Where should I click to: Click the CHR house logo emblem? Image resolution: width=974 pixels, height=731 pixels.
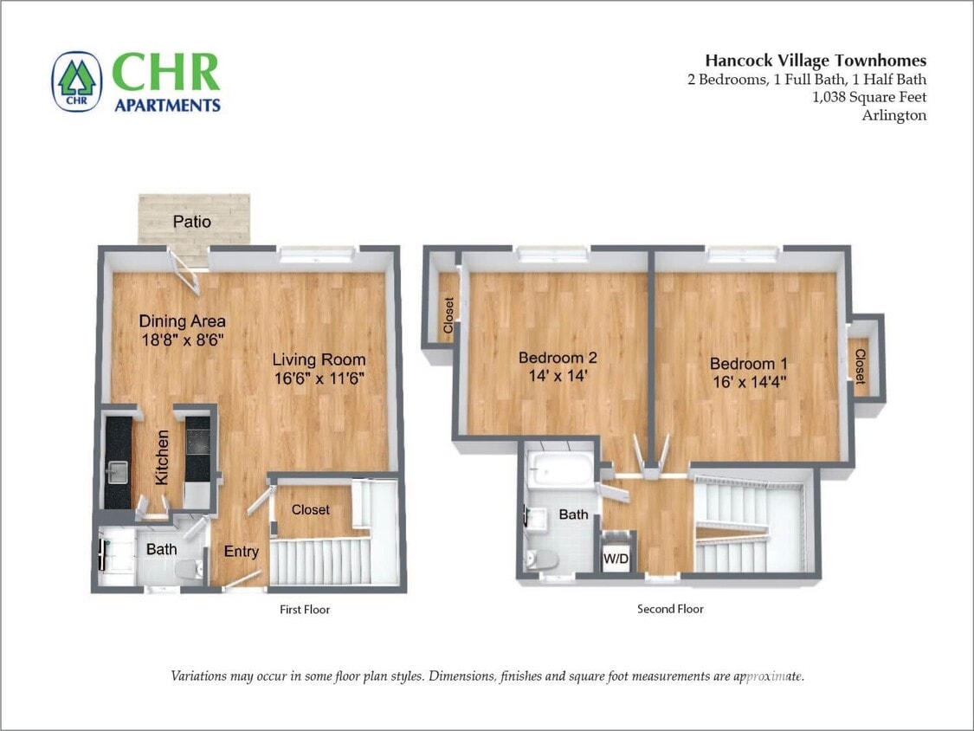point(77,81)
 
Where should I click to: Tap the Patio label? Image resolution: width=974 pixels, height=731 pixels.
point(191,222)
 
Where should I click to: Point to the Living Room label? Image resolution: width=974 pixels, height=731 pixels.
point(319,359)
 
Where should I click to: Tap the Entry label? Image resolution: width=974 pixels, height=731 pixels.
point(241,552)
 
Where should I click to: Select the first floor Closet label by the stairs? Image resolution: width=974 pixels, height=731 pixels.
point(310,510)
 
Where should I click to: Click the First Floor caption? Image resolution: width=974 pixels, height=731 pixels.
point(305,610)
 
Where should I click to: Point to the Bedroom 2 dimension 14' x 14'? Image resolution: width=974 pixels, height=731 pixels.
point(558,377)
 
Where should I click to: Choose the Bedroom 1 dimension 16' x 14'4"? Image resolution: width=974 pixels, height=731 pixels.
point(748,382)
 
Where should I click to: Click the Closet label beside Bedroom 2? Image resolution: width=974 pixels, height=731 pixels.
point(448,315)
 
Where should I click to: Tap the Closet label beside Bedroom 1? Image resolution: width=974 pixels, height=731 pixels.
point(860,366)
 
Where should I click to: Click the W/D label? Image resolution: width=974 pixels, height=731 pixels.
point(616,560)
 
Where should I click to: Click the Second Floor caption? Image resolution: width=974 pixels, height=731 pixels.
point(670,610)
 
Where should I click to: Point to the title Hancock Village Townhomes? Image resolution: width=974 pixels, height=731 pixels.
point(815,61)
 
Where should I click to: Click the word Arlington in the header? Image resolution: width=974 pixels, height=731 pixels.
point(893,115)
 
